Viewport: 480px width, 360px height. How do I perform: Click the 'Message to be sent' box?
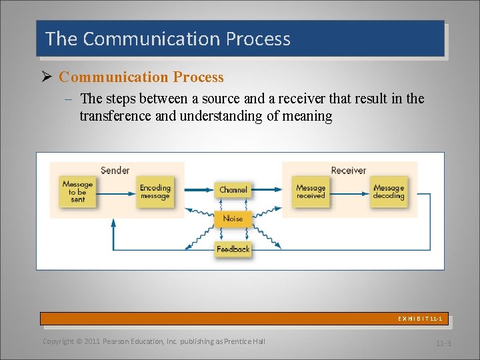click(x=77, y=192)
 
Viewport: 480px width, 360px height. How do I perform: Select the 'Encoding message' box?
click(x=155, y=192)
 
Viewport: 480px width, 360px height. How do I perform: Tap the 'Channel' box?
click(x=233, y=190)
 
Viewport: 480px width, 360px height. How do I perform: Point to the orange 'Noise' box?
click(x=233, y=219)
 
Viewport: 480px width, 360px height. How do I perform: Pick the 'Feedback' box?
click(x=233, y=249)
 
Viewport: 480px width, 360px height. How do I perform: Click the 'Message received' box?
click(x=311, y=192)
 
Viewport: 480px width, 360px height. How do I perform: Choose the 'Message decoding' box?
click(x=389, y=192)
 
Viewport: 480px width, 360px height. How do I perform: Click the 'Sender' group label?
click(x=115, y=171)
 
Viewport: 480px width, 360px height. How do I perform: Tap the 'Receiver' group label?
click(x=349, y=171)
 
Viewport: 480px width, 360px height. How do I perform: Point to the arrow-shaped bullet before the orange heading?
click(x=47, y=77)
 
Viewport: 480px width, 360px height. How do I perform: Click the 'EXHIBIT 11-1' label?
click(x=420, y=319)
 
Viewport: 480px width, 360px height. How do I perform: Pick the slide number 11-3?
click(x=443, y=343)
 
